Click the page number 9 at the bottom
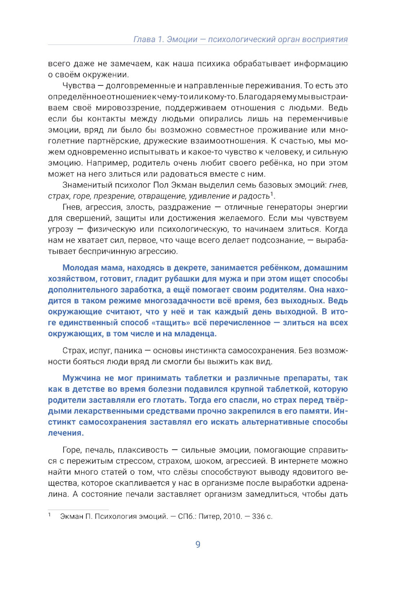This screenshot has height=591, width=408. tap(198, 544)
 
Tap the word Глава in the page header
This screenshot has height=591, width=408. tap(144, 40)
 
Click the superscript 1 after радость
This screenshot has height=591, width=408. tap(272, 194)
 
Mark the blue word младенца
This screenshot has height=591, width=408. tap(196, 334)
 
